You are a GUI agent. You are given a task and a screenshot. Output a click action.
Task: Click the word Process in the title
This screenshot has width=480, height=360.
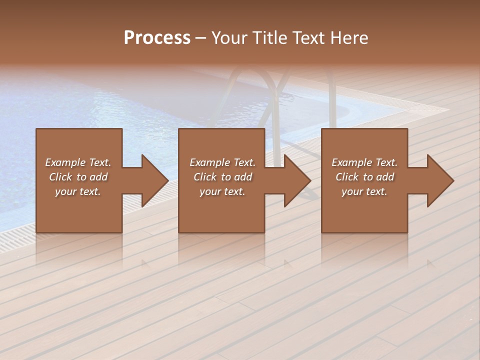(x=157, y=38)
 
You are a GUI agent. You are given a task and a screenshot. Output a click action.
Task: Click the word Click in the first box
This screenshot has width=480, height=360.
(x=60, y=177)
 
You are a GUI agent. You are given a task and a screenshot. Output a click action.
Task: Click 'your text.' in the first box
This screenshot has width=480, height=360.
(x=78, y=191)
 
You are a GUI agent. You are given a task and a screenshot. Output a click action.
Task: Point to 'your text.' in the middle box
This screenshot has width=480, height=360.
(x=222, y=191)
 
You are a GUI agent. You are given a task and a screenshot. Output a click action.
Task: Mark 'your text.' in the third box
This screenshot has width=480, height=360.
(x=364, y=191)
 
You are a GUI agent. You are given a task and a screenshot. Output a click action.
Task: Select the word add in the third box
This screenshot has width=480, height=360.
(x=385, y=177)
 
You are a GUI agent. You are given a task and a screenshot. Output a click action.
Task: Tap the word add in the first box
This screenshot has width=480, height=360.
(x=98, y=177)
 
